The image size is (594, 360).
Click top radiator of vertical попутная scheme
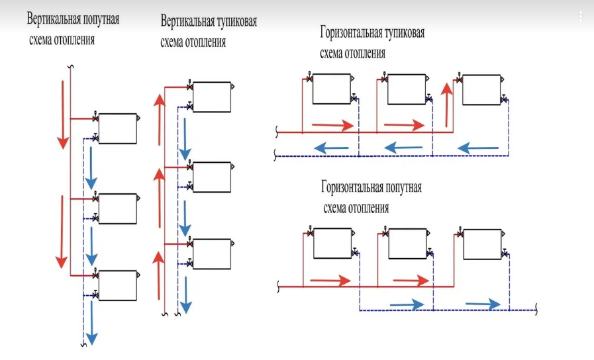pyautogui.click(x=118, y=128)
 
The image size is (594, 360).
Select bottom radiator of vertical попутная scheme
pyautogui.click(x=118, y=285)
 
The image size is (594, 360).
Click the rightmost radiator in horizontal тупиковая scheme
pyautogui.click(x=481, y=89)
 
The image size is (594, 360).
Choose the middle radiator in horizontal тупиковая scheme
pyautogui.click(x=406, y=89)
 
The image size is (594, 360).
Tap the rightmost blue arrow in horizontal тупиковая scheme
pyautogui.click(x=478, y=147)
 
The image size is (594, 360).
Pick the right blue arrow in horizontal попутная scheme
pyautogui.click(x=483, y=304)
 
